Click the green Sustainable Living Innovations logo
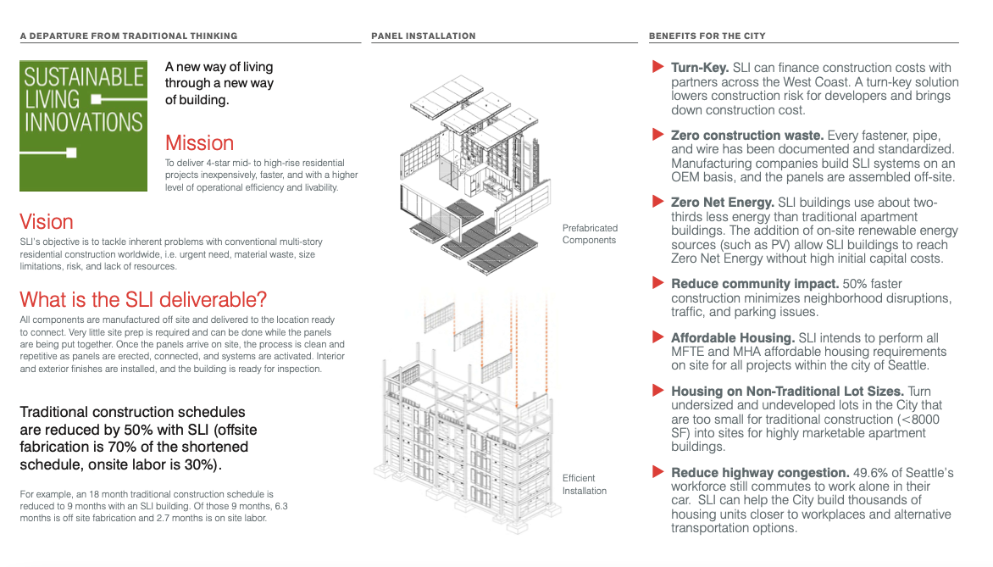tap(83, 125)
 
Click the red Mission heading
tap(199, 142)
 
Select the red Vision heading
tap(47, 222)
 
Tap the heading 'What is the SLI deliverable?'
tap(143, 299)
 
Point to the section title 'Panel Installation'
tap(424, 36)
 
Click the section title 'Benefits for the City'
tap(707, 36)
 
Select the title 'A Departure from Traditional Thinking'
tap(129, 36)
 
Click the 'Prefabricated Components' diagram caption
tap(590, 234)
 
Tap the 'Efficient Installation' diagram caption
tap(585, 485)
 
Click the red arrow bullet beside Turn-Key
tap(657, 67)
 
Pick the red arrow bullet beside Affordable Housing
tap(657, 337)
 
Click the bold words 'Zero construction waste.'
tap(746, 136)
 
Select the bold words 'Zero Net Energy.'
tap(723, 203)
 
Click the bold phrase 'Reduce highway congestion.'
tap(760, 473)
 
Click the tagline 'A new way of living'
tap(219, 67)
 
